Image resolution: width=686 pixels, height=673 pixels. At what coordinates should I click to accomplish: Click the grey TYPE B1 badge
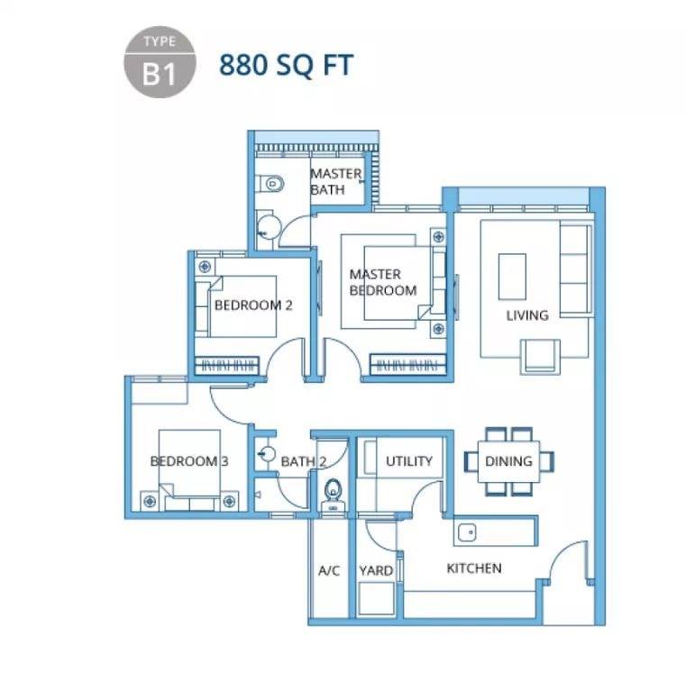click(x=160, y=62)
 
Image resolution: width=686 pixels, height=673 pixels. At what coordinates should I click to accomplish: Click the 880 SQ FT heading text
click(x=286, y=65)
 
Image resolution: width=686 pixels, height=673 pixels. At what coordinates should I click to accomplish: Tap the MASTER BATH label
click(x=335, y=181)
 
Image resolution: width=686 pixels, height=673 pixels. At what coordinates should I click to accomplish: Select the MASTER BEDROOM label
click(x=383, y=282)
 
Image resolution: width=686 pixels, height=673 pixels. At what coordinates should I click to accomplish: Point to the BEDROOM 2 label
click(x=253, y=305)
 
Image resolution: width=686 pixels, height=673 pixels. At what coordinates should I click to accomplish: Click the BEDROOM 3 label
click(x=189, y=461)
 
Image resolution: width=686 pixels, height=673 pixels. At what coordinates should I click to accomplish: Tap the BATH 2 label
click(x=303, y=461)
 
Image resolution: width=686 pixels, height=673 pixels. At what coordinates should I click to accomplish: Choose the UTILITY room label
click(x=409, y=461)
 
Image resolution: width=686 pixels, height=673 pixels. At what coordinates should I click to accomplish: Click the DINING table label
click(x=508, y=461)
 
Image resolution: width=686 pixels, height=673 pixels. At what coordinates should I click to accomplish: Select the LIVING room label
click(x=527, y=315)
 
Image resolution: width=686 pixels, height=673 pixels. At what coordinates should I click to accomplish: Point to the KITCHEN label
click(x=474, y=568)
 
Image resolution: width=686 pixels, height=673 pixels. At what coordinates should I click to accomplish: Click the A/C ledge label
click(x=329, y=570)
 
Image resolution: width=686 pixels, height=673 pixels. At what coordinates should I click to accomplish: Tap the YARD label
click(x=376, y=570)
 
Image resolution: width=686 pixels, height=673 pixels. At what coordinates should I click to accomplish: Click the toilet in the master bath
click(x=270, y=184)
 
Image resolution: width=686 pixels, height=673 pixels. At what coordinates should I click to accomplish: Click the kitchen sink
click(x=467, y=532)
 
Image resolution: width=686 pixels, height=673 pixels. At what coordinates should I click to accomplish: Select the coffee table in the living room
click(x=512, y=277)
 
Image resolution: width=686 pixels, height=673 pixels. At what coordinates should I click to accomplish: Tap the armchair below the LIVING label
click(x=540, y=357)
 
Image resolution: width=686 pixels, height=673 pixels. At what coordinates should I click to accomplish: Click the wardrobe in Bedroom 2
click(x=226, y=365)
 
